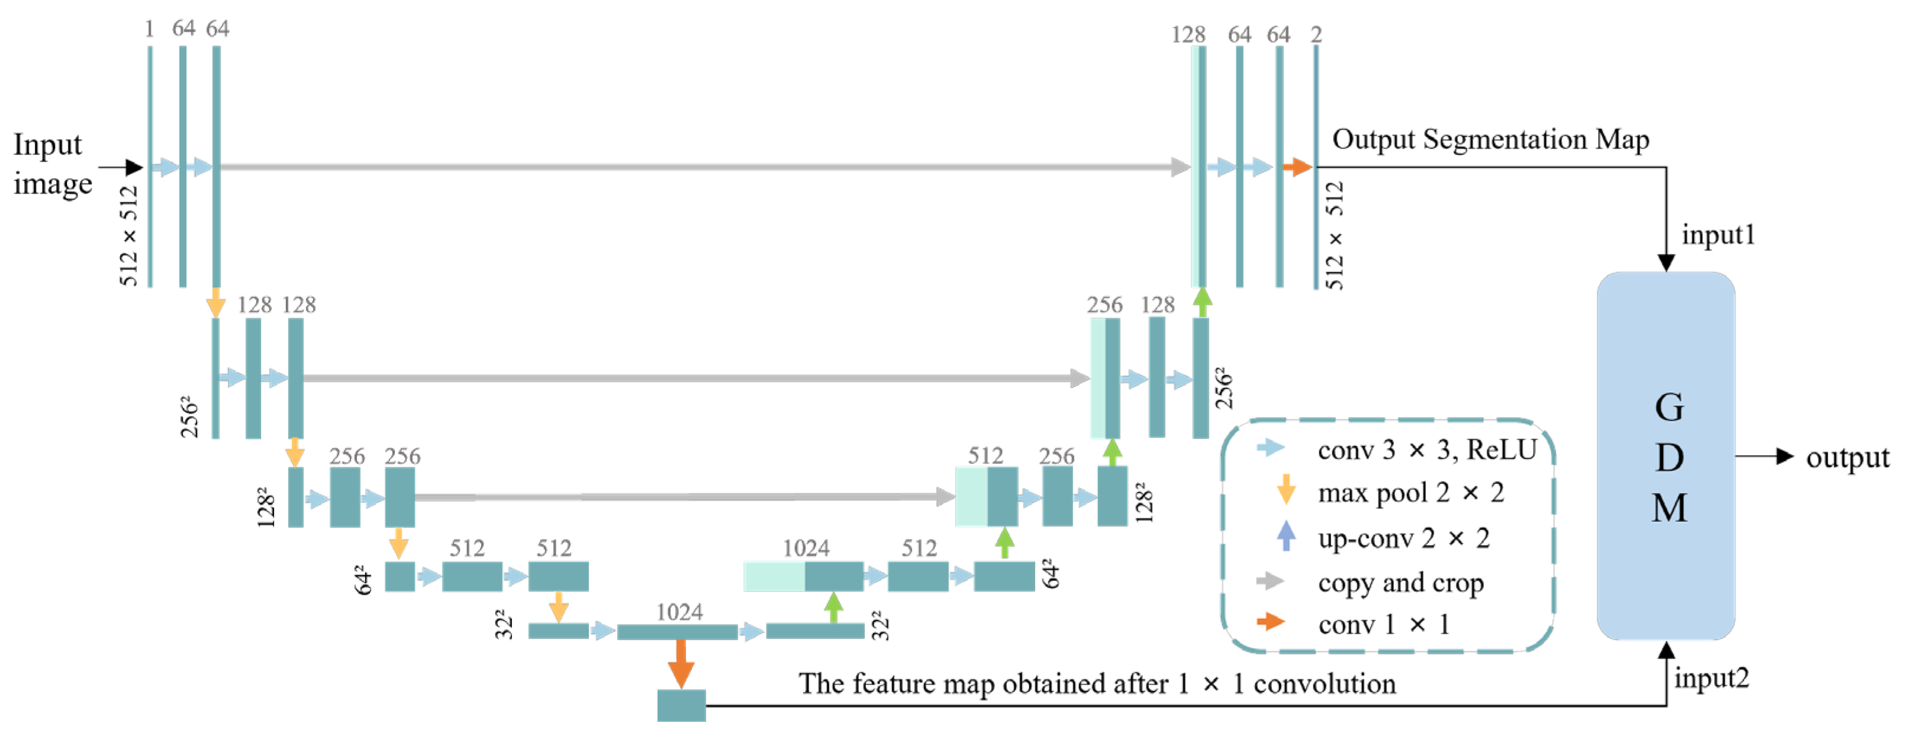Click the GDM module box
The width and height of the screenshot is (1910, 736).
tap(1666, 455)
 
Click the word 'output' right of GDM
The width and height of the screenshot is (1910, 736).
tap(1847, 457)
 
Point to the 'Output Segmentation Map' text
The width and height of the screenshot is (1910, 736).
tap(1490, 140)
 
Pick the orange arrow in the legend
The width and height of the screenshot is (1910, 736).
tap(1271, 621)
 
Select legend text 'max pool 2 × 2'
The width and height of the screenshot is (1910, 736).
tap(1410, 493)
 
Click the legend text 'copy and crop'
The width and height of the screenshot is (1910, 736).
tap(1400, 583)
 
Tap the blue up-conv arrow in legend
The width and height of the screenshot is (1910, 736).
tap(1286, 535)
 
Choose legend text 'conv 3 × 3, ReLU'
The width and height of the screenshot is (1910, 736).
tap(1426, 450)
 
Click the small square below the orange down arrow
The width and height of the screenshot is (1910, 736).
tap(681, 705)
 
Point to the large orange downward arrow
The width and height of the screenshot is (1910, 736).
tap(681, 662)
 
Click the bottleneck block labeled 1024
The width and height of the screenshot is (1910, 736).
tap(677, 631)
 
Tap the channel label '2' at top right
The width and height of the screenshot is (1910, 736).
tap(1316, 34)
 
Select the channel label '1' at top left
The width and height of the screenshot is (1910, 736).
tap(149, 29)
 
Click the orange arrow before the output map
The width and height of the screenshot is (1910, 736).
tap(1297, 167)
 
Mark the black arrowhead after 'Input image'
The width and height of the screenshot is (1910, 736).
tap(133, 167)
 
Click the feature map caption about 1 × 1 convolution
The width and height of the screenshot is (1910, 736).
tap(1097, 683)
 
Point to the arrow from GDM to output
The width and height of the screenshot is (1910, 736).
tap(1764, 457)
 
